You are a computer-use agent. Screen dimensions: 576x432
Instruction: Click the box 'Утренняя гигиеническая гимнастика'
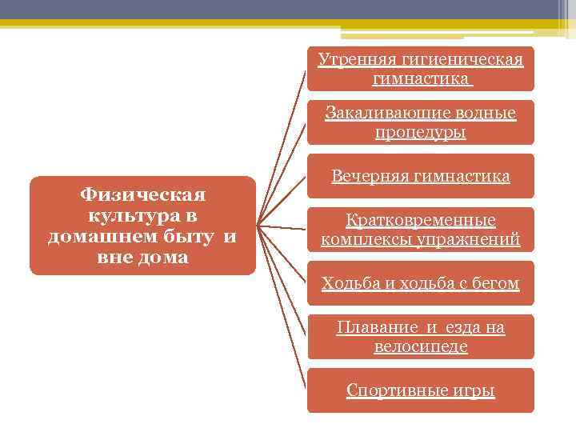pyautogui.click(x=420, y=69)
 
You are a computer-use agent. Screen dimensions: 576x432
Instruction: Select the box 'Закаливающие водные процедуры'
pyautogui.click(x=420, y=122)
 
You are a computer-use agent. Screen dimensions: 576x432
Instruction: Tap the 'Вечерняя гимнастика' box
pyautogui.click(x=420, y=176)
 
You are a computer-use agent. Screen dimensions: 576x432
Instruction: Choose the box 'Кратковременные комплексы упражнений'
pyautogui.click(x=420, y=230)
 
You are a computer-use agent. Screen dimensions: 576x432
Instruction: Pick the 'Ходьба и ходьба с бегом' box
pyautogui.click(x=420, y=283)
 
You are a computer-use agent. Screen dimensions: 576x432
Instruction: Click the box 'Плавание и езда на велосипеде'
pyautogui.click(x=420, y=337)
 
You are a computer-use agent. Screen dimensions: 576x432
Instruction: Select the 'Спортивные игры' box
pyautogui.click(x=420, y=390)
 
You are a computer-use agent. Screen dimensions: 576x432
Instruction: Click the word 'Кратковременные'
pyautogui.click(x=420, y=220)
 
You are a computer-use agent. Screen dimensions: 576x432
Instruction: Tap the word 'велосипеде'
pyautogui.click(x=420, y=346)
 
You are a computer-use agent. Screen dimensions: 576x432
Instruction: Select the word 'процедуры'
pyautogui.click(x=420, y=132)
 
